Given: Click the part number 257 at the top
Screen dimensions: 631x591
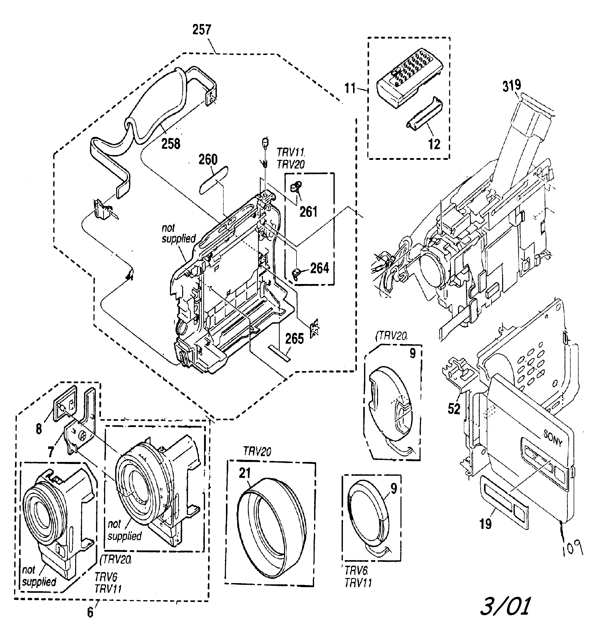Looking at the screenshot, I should pyautogui.click(x=202, y=30).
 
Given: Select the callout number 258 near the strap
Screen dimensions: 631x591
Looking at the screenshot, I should pyautogui.click(x=171, y=144).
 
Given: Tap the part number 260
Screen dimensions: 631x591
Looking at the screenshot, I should pyautogui.click(x=208, y=160).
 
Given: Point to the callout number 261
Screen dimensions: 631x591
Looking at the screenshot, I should pyautogui.click(x=308, y=212).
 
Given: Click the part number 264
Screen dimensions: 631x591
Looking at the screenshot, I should pyautogui.click(x=319, y=268).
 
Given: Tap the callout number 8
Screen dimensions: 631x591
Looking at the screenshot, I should pyautogui.click(x=39, y=429).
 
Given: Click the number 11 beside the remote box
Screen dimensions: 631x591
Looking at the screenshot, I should pyautogui.click(x=350, y=88).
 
